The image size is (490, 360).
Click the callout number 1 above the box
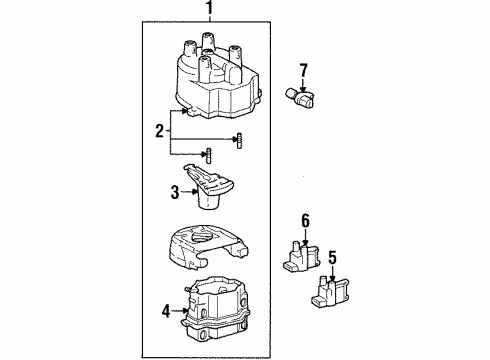(208, 11)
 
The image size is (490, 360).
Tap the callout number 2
(158, 129)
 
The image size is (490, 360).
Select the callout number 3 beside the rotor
(173, 191)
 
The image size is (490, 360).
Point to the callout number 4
(166, 311)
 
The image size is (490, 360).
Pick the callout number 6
(307, 220)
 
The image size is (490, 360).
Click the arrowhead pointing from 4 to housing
(185, 311)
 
